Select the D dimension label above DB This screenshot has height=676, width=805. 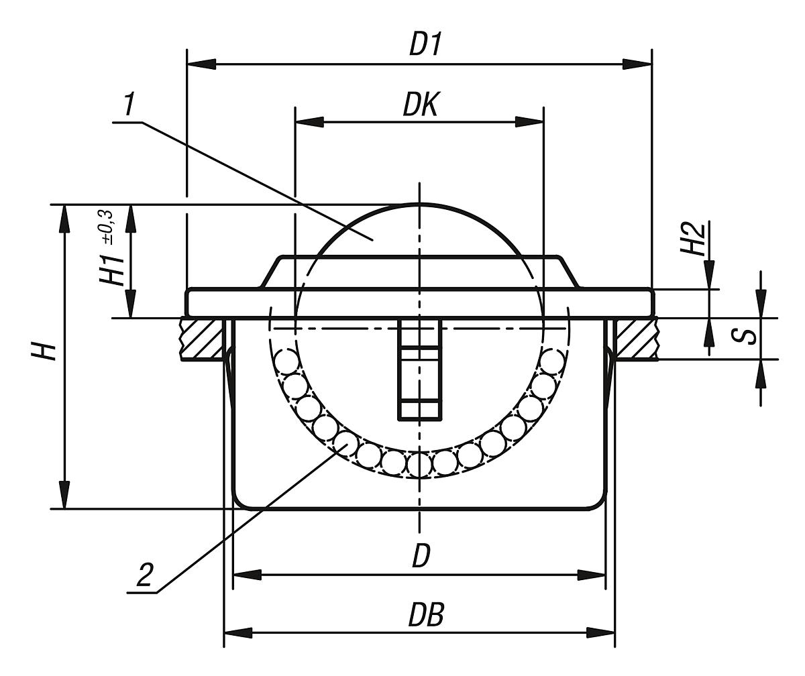coord(420,556)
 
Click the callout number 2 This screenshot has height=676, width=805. coord(144,576)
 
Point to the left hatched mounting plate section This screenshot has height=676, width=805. coord(202,339)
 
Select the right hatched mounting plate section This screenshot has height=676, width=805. coord(636,339)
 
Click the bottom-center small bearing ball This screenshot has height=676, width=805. coord(419,464)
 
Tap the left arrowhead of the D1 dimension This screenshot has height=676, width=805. coord(202,64)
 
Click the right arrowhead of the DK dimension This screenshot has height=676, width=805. coord(529,122)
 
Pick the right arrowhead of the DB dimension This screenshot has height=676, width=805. coord(600,632)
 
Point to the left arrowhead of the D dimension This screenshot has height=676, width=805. coord(246,575)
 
